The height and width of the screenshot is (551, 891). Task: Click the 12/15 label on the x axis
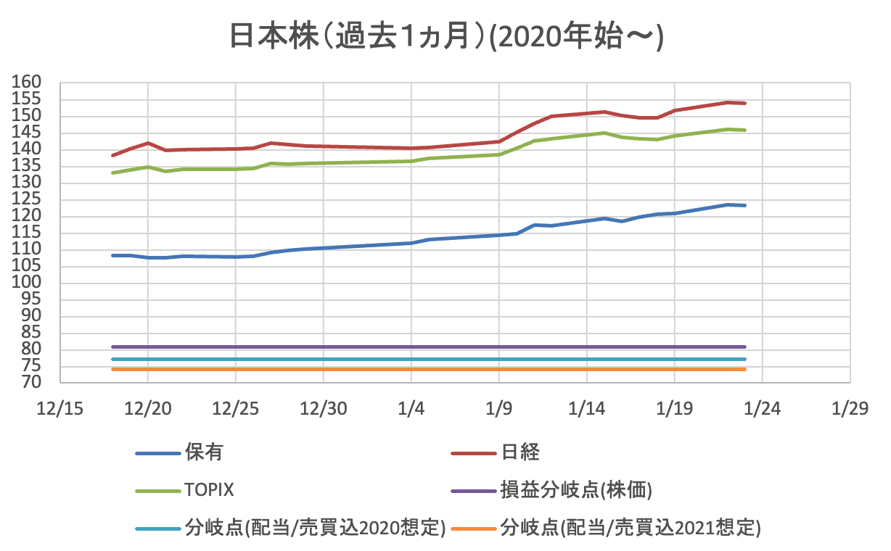tap(59, 408)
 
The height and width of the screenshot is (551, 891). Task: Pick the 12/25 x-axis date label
tap(235, 408)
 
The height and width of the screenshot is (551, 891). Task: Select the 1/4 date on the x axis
tap(411, 408)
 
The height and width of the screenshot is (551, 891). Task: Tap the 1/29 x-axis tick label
tap(850, 408)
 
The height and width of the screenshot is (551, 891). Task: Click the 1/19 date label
tap(674, 408)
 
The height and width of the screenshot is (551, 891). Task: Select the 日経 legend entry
tap(520, 453)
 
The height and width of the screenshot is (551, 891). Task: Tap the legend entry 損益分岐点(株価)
tap(576, 491)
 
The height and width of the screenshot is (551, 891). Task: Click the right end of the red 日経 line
tap(745, 103)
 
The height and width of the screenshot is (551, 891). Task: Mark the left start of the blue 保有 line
tap(112, 255)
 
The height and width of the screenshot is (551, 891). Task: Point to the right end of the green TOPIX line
tap(745, 130)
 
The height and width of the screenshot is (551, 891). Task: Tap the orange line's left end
tap(112, 369)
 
